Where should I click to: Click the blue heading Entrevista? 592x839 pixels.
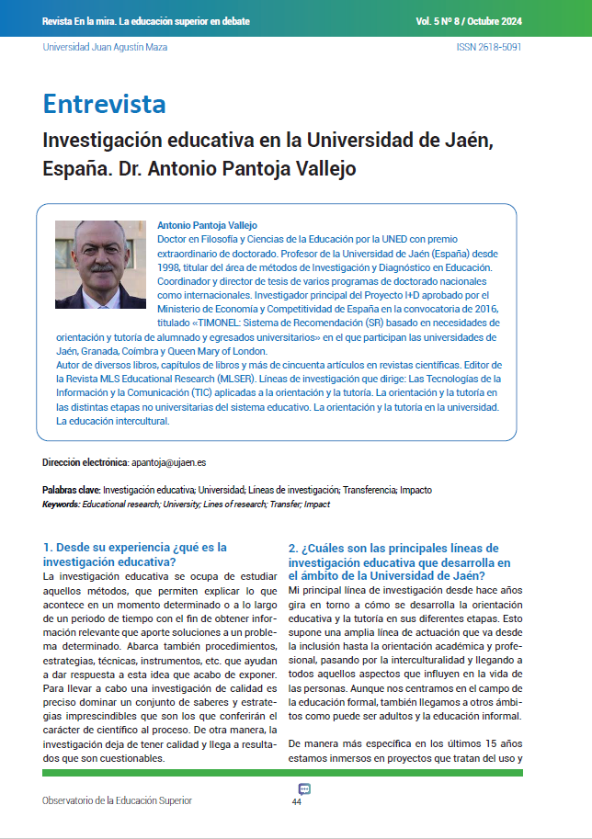point(105,104)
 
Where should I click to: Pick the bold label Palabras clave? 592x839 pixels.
point(71,491)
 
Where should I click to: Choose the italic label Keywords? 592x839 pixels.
point(61,505)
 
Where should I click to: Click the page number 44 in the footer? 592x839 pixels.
point(296,802)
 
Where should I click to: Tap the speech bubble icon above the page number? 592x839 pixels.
point(304,789)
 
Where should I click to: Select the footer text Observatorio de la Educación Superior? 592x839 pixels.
point(117,800)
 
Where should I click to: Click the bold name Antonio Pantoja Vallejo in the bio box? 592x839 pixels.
point(208,225)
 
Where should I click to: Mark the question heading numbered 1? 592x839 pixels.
point(134,554)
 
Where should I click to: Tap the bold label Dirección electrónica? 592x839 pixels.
point(85,462)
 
